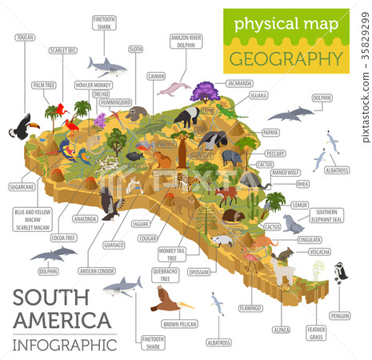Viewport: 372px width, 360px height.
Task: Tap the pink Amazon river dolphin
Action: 178,86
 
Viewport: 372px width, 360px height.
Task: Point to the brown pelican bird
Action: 166,302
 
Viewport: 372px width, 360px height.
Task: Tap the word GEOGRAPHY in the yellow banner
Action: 286,58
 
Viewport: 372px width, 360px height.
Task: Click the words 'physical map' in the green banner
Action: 286,24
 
